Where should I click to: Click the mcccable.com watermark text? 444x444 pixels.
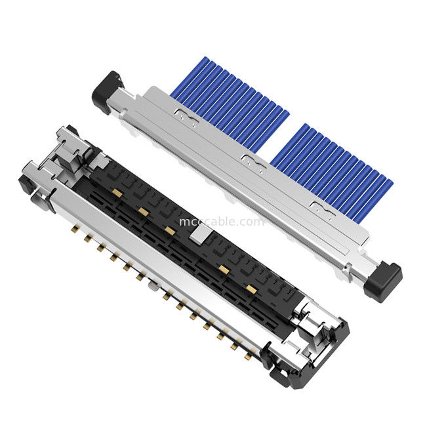coord(222,222)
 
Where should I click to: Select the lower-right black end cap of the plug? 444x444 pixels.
coord(384,281)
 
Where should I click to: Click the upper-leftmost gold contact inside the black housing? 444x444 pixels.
coord(115,192)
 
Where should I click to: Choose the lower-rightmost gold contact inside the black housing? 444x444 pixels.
coord(249,288)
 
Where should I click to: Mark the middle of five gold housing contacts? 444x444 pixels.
coord(170,230)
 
